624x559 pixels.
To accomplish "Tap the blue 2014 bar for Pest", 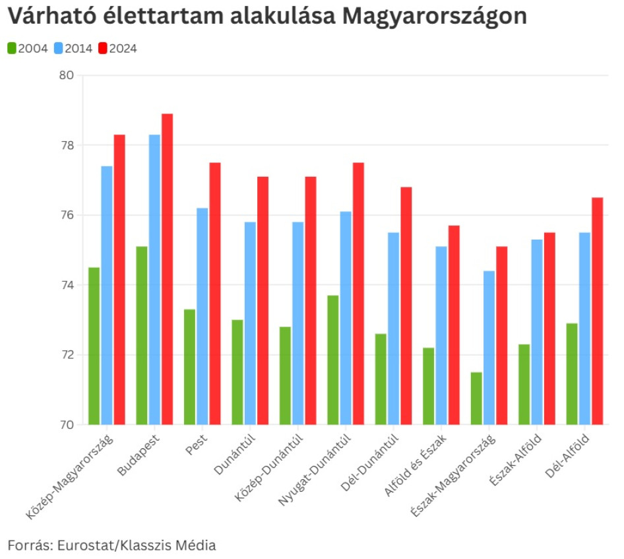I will coord(203,316).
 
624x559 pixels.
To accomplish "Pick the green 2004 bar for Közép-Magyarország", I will coord(94,346).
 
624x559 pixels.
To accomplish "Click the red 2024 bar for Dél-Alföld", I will coord(597,311).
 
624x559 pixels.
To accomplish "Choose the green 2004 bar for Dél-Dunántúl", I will coord(381,379).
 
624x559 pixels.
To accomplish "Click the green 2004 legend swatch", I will coord(13,48).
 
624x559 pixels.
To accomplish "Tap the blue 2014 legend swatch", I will coord(58,48).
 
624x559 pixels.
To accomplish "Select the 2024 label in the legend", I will coord(123,48).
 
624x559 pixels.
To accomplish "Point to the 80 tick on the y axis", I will coord(67,75).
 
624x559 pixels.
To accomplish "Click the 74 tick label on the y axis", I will coord(67,285).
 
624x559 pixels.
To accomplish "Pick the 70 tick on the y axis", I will coord(67,424).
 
